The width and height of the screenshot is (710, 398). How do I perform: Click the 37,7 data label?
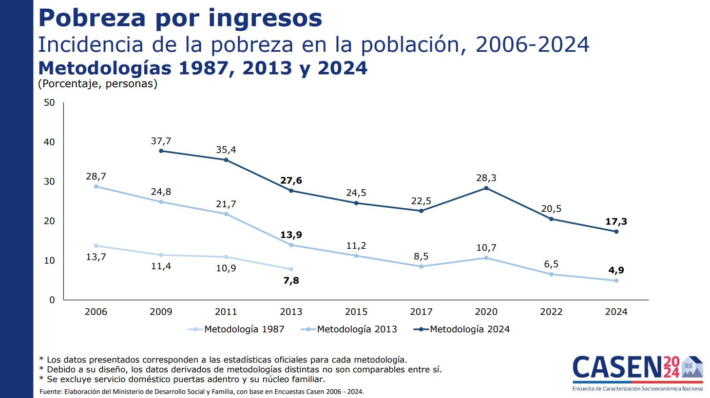(x=161, y=141)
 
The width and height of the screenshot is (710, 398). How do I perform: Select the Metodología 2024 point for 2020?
(x=486, y=188)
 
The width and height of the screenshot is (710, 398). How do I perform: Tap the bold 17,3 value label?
(x=616, y=222)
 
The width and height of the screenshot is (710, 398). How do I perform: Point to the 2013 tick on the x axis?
(x=291, y=312)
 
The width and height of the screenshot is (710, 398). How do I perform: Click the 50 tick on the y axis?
(x=49, y=103)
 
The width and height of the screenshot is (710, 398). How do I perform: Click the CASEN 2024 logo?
(x=637, y=372)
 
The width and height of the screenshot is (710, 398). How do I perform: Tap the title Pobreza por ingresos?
(x=180, y=18)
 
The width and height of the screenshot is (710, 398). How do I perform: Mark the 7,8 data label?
(x=291, y=281)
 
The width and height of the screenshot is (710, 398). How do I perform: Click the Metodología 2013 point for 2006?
(x=96, y=186)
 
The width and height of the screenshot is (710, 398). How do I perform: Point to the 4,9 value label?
(x=616, y=271)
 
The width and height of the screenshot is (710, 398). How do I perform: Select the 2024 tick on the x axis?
(x=616, y=312)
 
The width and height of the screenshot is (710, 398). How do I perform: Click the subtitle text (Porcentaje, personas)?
(x=98, y=84)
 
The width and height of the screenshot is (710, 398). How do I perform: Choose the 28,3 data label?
(x=486, y=178)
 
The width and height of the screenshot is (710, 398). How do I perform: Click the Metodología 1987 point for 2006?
(x=96, y=246)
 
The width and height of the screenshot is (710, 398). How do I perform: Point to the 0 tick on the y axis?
(x=52, y=300)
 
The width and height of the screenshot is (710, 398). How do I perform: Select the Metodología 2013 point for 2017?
(x=421, y=266)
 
